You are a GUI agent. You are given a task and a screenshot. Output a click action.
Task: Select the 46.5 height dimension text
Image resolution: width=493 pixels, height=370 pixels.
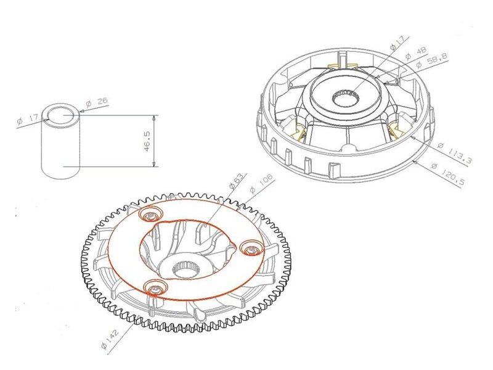(x=147, y=141)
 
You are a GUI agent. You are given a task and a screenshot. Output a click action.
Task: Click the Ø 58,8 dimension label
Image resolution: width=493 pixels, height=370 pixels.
(x=431, y=60)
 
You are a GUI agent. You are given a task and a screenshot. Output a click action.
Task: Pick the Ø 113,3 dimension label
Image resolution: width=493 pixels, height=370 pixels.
(x=455, y=153)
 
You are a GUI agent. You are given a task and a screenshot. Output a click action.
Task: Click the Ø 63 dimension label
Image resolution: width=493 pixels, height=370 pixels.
(x=237, y=182)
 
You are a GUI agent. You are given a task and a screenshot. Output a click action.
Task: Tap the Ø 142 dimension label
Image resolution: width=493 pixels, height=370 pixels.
(x=110, y=339)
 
